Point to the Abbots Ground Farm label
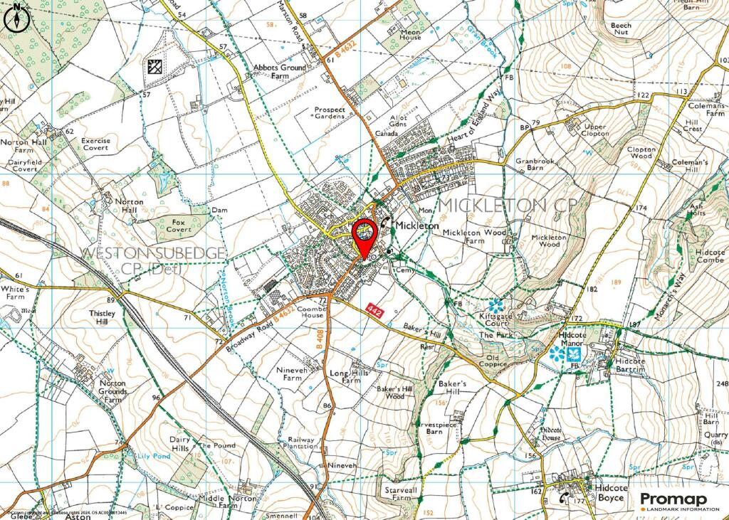[x=280, y=72]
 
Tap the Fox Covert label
[x=179, y=226]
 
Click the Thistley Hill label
[x=107, y=317]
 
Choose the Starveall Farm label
[x=398, y=494]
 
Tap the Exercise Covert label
[x=95, y=144]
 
